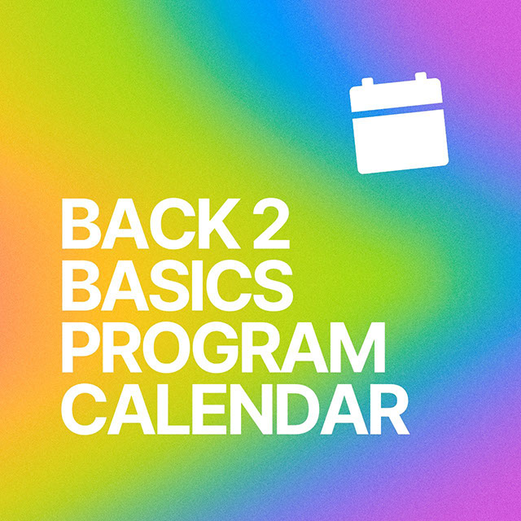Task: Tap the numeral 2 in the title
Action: tap(270, 224)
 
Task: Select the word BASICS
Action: tap(177, 286)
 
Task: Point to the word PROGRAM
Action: tap(223, 348)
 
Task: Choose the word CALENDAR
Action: tap(235, 409)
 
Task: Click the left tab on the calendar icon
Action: tap(367, 81)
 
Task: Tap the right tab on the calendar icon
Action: tap(421, 77)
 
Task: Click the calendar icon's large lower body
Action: tap(401, 141)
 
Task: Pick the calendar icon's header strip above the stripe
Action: tap(396, 94)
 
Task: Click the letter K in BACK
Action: tap(219, 224)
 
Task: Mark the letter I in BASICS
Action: tap(197, 286)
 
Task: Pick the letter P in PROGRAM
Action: tap(81, 348)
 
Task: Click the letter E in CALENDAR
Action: tap(208, 409)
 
